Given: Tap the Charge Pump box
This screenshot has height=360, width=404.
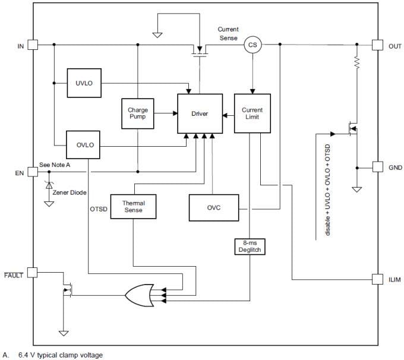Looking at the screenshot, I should click(138, 113).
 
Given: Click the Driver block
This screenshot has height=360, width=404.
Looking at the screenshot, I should click(200, 113).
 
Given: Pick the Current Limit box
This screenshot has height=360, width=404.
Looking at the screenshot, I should click(252, 113).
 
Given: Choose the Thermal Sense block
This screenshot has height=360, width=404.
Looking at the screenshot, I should click(133, 207).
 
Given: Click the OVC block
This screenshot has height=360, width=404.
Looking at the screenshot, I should click(214, 207).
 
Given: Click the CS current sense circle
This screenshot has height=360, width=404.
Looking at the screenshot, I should click(252, 45).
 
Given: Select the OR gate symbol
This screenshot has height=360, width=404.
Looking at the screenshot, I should click(140, 293).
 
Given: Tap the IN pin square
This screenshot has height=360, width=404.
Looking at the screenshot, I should click(33, 45).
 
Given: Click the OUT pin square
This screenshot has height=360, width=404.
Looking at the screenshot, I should click(377, 45).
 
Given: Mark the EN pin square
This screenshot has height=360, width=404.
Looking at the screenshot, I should click(33, 172).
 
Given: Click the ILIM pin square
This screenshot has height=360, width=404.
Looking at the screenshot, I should click(377, 279).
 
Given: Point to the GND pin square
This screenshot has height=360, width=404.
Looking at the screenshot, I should click(377, 167).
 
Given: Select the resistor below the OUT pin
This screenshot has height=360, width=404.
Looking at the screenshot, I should click(358, 63).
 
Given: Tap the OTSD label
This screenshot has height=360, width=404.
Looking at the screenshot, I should click(99, 209).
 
